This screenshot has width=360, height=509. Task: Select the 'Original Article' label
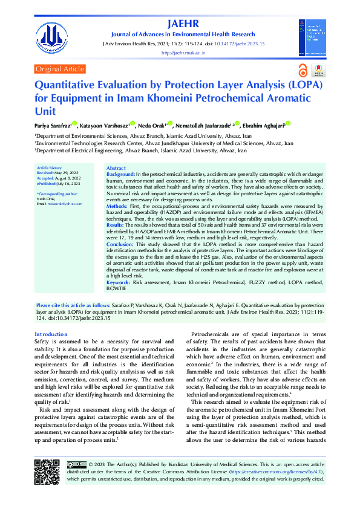point(60,70)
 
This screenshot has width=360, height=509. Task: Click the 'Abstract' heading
point(116,167)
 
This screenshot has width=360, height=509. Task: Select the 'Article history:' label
point(50,167)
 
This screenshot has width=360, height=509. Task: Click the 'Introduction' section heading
point(51,334)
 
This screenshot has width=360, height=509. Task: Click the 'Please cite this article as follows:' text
point(74,306)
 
